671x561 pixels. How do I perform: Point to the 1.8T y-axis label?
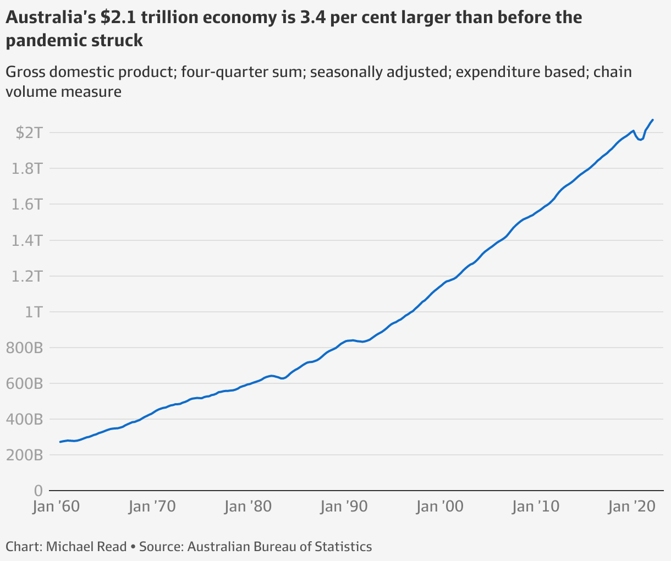(x=27, y=168)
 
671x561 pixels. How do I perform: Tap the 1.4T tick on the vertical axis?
(x=27, y=240)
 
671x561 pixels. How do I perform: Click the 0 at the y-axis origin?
(x=38, y=490)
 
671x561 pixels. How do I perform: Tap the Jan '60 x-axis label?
(x=56, y=506)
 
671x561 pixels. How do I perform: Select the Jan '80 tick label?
(x=248, y=506)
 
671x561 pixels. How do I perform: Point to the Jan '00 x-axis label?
(x=439, y=506)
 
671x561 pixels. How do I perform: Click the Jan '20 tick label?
(x=631, y=506)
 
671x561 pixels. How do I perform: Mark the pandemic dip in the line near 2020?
(x=640, y=140)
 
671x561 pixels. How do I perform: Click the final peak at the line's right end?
(x=653, y=120)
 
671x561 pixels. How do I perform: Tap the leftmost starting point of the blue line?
(x=60, y=442)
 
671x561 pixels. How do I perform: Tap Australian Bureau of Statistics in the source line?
(x=279, y=547)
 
